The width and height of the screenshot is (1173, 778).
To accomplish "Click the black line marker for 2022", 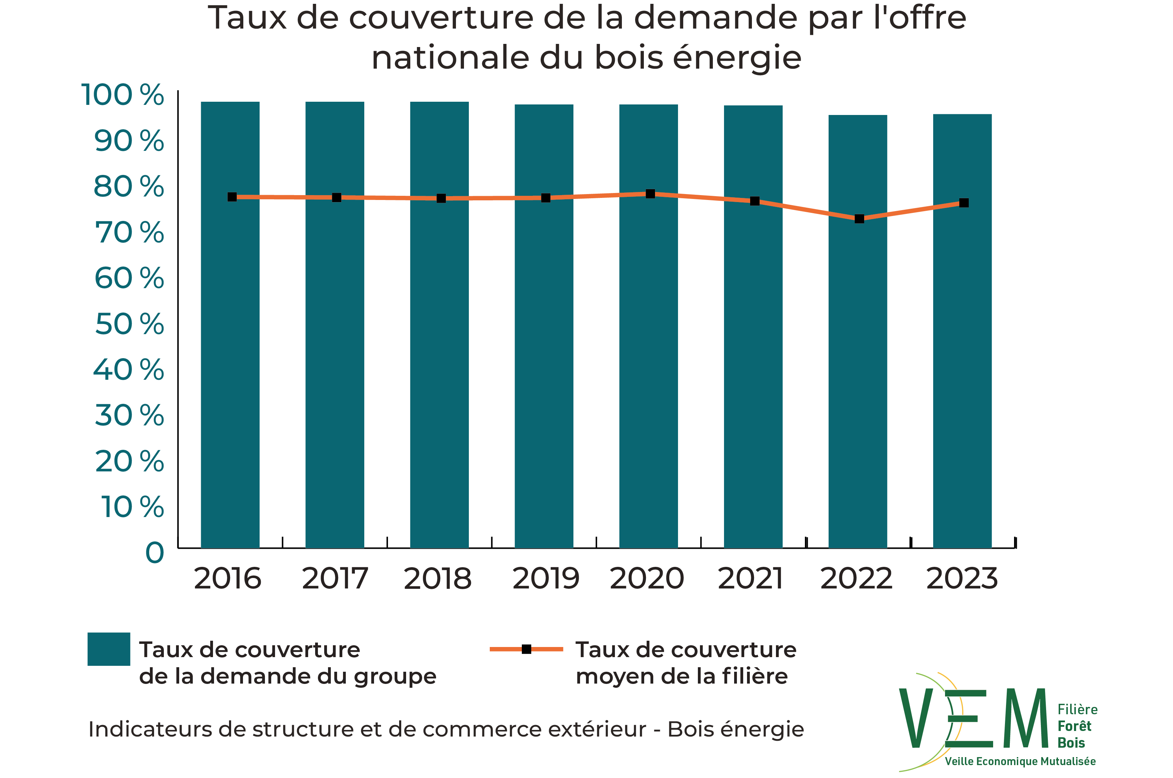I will point(859,219).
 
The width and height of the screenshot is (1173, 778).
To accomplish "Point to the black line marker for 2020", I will point(650,193).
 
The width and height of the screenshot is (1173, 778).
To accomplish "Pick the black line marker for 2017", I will point(336,198).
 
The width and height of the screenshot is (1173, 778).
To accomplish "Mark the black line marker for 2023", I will point(964,203).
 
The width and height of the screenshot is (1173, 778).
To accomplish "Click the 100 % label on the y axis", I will point(122,95).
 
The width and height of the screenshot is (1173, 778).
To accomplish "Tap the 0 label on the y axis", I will point(154,553).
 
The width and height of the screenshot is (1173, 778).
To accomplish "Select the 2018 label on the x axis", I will point(437,579).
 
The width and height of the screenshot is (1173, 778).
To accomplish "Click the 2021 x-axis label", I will point(750,579).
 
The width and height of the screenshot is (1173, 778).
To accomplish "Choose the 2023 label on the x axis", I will point(961,579).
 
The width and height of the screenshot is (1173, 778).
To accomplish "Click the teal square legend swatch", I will point(109,649).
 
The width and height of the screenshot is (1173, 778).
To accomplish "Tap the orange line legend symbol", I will point(526,649).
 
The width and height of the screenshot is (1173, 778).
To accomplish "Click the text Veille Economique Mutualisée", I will point(1020,761).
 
